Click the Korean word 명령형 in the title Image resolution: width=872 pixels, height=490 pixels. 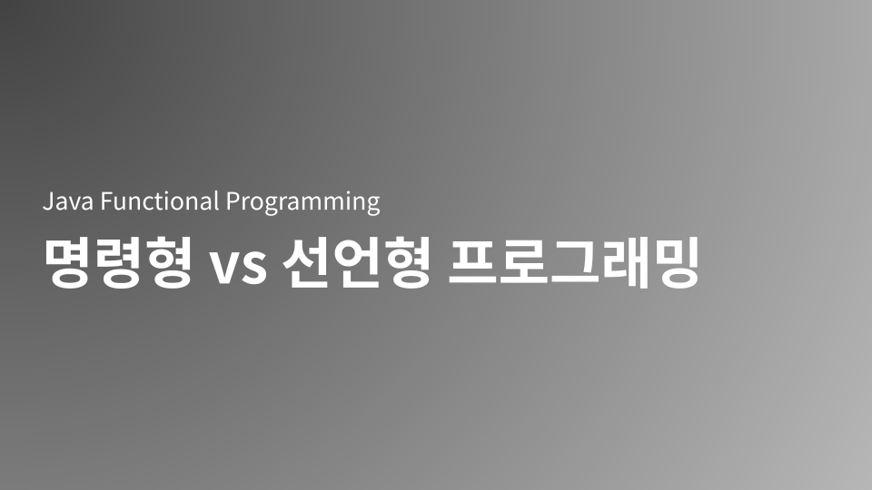(117, 262)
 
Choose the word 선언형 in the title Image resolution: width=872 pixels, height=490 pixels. (355, 262)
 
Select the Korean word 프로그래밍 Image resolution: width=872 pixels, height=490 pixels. (575, 262)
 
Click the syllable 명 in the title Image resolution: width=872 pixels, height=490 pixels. (67, 262)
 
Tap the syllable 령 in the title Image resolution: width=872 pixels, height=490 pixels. (117, 262)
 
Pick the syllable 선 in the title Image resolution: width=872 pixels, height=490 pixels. (306, 262)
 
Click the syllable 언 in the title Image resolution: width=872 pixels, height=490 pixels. (355, 262)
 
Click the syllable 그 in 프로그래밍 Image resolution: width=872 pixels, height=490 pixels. (575, 262)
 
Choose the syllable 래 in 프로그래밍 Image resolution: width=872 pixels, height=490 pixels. (625, 262)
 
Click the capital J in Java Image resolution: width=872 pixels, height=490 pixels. (48, 201)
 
